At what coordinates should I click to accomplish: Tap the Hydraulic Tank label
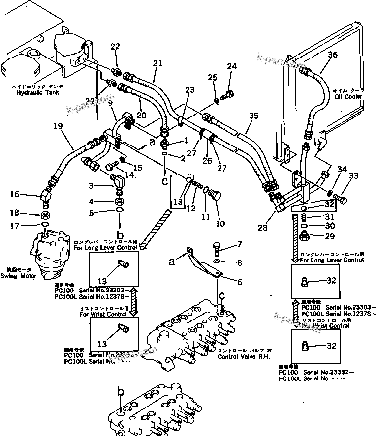[33, 92]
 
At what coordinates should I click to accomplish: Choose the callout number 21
[157, 63]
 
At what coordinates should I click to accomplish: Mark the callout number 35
[253, 116]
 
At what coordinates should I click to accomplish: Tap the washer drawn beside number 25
[217, 102]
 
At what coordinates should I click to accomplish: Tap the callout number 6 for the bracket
[240, 282]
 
